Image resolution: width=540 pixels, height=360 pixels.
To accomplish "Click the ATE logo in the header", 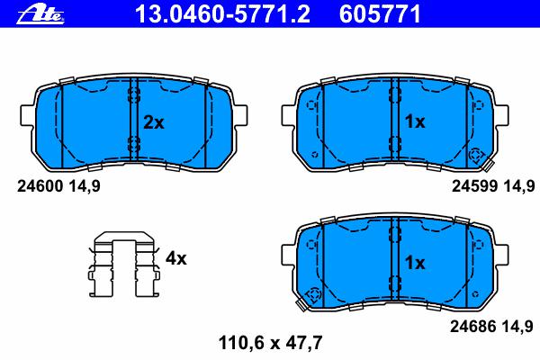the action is coord(40,15).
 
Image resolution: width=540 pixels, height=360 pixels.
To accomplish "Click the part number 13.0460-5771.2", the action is coord(223,14).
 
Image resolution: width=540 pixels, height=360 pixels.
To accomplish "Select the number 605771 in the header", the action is coord(380,14).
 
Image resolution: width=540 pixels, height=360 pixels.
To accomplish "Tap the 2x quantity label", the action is coord(154,122).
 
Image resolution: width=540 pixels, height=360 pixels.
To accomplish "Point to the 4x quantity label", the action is coord(176,258).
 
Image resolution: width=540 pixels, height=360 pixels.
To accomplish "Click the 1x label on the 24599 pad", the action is coord(415,121).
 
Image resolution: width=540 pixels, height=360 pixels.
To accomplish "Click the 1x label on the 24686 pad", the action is coord(415,263).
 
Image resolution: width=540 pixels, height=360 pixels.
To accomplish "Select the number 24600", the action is coord(40,186).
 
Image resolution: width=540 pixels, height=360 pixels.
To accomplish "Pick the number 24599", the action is coord(475,186).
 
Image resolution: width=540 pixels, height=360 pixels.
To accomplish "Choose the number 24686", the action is coord(473,326).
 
